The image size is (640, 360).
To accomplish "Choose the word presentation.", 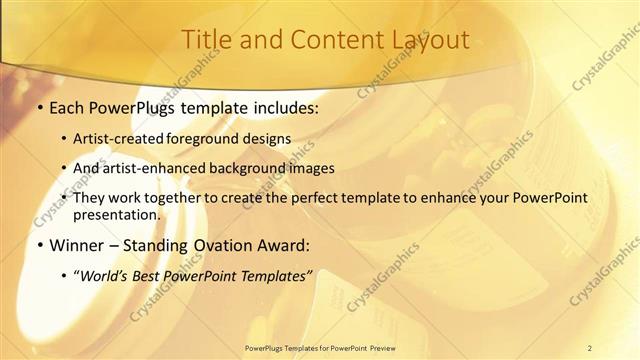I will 116,214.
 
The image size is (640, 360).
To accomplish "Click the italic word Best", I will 152,275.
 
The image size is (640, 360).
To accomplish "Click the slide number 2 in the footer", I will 590,347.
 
